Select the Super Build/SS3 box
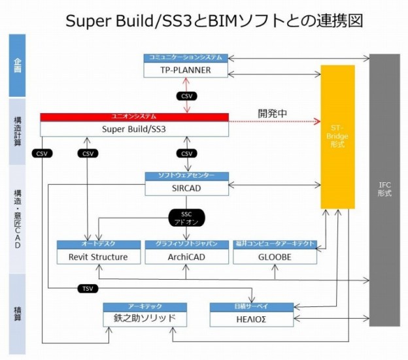(x=134, y=129)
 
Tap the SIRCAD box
(x=186, y=188)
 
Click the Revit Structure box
(x=98, y=257)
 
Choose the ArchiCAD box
(x=186, y=257)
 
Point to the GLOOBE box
(x=275, y=257)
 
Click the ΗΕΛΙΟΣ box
(x=251, y=319)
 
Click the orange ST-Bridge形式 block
(x=337, y=137)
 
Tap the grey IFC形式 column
(x=384, y=189)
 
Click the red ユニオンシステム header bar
(x=134, y=117)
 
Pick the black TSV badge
(x=87, y=288)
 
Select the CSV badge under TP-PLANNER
(x=187, y=95)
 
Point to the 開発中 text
(x=273, y=113)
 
